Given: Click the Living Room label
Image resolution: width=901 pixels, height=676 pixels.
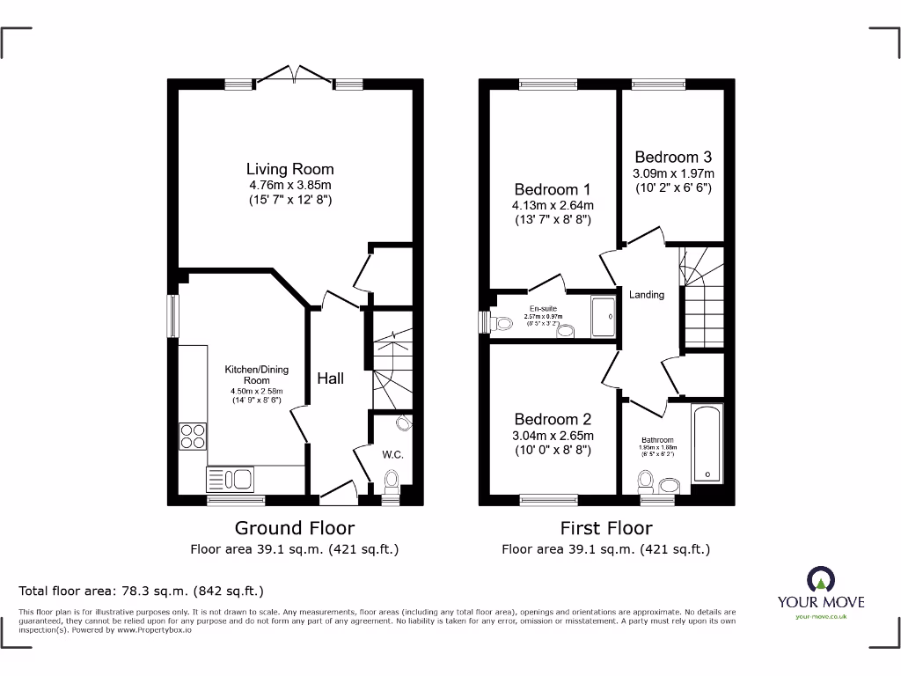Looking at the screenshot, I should point(289,169).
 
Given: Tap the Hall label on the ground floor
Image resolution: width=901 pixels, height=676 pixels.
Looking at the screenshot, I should point(331,378).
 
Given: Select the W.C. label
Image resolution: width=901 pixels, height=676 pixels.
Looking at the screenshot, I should point(392,455).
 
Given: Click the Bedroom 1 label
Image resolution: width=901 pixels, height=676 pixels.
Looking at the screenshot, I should point(553,189).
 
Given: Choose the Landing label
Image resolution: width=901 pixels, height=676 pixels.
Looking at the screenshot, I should point(647,295).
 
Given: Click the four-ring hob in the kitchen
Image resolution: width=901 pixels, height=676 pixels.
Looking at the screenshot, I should point(193,437).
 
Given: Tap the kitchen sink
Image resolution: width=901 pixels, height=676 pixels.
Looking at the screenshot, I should point(230,479).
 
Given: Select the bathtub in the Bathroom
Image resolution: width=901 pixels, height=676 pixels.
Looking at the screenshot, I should point(707,445).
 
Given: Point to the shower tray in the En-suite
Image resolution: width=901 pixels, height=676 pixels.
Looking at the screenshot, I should point(604,317).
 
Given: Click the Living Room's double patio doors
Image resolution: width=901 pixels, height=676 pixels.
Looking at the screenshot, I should point(290,75).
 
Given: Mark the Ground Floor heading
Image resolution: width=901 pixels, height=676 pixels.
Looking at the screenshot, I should point(295,528).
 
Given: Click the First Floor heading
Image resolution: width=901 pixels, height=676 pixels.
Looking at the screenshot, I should point(606,528).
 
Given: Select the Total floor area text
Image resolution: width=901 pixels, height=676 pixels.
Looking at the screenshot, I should point(141,591).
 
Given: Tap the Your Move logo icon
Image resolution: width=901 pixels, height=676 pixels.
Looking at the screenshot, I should point(820,578).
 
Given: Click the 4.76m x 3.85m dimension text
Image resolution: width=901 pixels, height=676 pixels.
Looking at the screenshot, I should point(289,186).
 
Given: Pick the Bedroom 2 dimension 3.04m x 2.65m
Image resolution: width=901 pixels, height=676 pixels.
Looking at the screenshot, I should point(553,436).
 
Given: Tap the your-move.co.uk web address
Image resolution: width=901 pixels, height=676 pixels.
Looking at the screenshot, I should point(820,617).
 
